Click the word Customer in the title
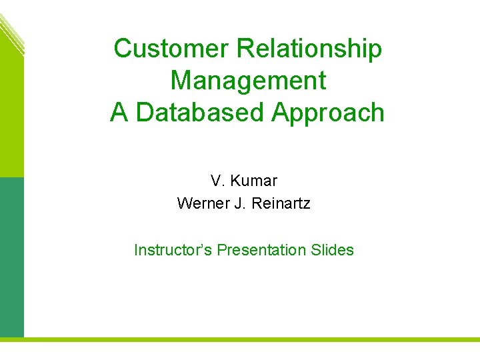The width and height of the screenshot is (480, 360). [171, 49]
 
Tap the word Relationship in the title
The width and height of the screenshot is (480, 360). [309, 49]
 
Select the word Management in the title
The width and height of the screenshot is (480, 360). [248, 81]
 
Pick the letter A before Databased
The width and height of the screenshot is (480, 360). [119, 113]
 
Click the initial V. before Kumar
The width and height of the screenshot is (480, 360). [217, 181]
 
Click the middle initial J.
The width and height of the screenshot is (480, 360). [239, 203]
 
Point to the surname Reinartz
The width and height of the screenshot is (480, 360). [281, 203]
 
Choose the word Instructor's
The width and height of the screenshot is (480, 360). [173, 250]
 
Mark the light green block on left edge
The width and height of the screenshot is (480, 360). [11, 113]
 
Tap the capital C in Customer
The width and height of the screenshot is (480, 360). [123, 49]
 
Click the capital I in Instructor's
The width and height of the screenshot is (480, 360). [137, 250]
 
